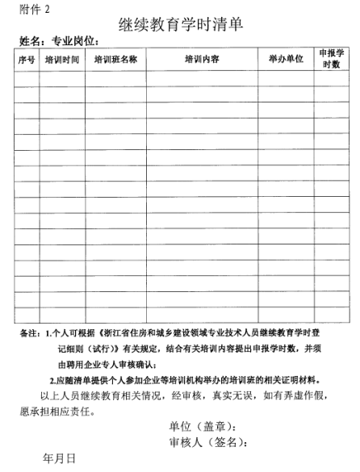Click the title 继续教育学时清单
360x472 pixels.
(x=181, y=23)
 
